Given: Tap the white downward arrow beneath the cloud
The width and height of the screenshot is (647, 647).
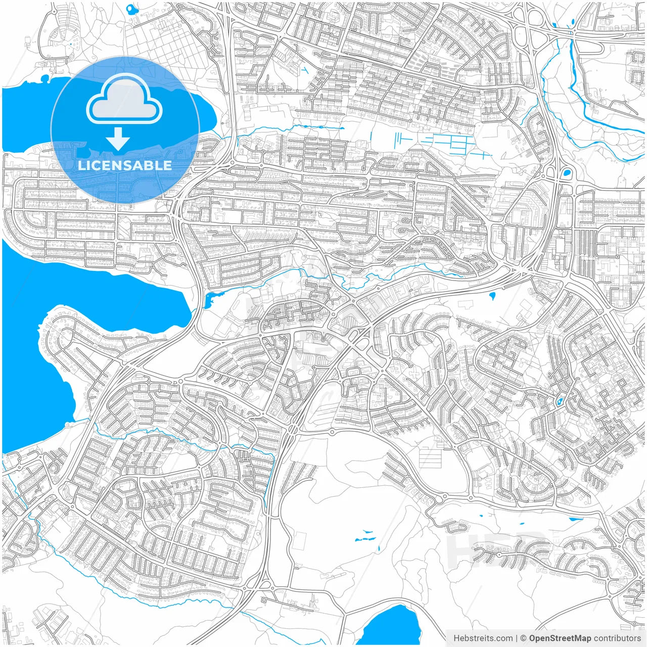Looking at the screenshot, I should (118, 138).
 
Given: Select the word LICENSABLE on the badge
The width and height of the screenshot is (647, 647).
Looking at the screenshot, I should (124, 165).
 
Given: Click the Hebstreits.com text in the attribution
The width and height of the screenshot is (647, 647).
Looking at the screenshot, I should (483, 638).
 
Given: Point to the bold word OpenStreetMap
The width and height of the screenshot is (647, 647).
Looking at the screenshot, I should (560, 638).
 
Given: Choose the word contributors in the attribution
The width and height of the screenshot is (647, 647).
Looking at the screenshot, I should (617, 638).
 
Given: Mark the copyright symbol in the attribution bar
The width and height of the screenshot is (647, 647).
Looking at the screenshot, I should (524, 638).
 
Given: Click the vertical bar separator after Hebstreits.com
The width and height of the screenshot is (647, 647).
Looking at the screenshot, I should (517, 638).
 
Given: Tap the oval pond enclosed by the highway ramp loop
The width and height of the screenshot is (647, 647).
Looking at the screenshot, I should (567, 173).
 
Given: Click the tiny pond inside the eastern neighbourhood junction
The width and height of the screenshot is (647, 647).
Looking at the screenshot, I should (559, 402).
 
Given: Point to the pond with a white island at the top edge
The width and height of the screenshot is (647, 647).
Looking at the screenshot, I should (132, 9).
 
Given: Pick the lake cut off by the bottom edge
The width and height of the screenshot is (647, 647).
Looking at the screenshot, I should (392, 627).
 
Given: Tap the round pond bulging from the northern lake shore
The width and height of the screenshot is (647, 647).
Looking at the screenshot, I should (45, 79).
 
